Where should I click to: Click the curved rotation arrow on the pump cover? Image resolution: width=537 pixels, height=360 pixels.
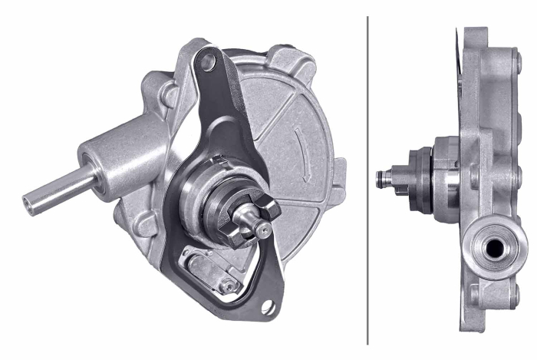coord(301,154)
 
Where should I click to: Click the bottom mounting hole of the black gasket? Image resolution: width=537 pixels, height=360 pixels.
coord(268,308)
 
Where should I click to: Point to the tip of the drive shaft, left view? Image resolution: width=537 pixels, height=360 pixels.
coord(263,228)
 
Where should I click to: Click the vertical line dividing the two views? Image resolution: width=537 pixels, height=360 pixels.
coord(368,180)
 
